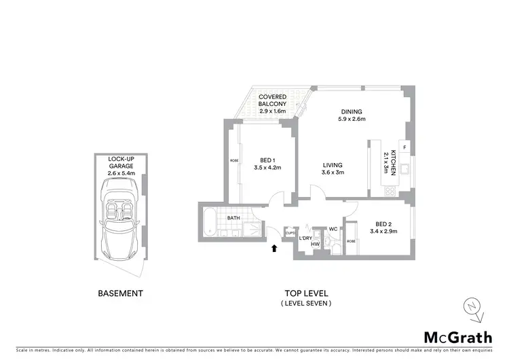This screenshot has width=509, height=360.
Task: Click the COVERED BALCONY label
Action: click(272, 104)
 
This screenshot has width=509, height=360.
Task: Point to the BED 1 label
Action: click(267, 164)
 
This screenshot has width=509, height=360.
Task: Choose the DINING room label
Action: click(352, 115)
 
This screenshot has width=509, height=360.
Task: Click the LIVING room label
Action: click(333, 168)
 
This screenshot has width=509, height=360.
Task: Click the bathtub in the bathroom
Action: click(209, 221)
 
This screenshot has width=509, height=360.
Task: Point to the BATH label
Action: click(233, 218)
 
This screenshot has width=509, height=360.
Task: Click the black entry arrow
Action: click(274, 250)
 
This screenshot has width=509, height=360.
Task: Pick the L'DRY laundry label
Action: click(305, 238)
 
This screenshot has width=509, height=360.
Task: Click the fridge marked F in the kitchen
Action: click(404, 147)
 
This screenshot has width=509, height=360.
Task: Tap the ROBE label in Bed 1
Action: click(234, 161)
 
